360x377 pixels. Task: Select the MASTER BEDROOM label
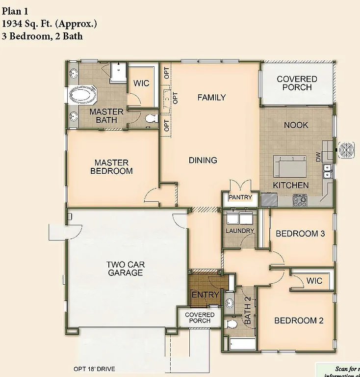coord(111,167)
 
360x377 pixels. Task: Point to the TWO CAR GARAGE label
coord(126,269)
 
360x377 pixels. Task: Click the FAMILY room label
coord(211,97)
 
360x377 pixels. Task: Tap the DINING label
coord(203,160)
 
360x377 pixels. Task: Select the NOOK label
coord(296,125)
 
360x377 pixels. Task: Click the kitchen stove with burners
coord(300,200)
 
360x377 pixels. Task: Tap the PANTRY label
coord(240,197)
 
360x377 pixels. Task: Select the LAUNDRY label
coord(239,231)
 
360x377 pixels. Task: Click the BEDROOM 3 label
coord(300,234)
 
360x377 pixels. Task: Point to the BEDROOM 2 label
coord(299,321)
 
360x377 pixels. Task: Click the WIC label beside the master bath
coord(141,83)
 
